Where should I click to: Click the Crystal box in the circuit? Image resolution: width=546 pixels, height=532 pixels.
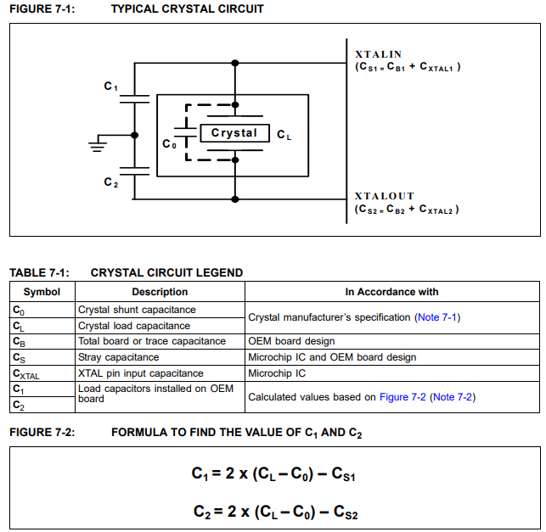coord(234,133)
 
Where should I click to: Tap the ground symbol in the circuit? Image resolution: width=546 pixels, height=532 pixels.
coord(99,145)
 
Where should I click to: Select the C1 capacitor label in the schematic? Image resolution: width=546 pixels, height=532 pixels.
coord(110,87)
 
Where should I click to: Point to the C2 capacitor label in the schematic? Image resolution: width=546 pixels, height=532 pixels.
coord(110,182)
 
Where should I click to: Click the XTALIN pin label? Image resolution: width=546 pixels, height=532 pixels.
coord(378,54)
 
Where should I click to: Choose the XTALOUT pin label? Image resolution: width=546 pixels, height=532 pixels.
coord(384,196)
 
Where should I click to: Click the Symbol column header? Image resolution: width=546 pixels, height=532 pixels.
coord(42,292)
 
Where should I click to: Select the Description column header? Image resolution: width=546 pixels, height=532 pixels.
coord(160,292)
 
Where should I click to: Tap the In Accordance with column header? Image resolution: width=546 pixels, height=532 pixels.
coord(391,292)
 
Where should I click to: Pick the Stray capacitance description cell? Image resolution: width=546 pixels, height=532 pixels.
coord(119,357)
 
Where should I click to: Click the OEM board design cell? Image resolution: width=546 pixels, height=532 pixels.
coord(290,341)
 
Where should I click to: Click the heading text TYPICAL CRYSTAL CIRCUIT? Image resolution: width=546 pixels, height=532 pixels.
coord(187,9)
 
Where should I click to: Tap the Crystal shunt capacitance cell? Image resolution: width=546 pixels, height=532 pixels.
coord(137,310)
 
